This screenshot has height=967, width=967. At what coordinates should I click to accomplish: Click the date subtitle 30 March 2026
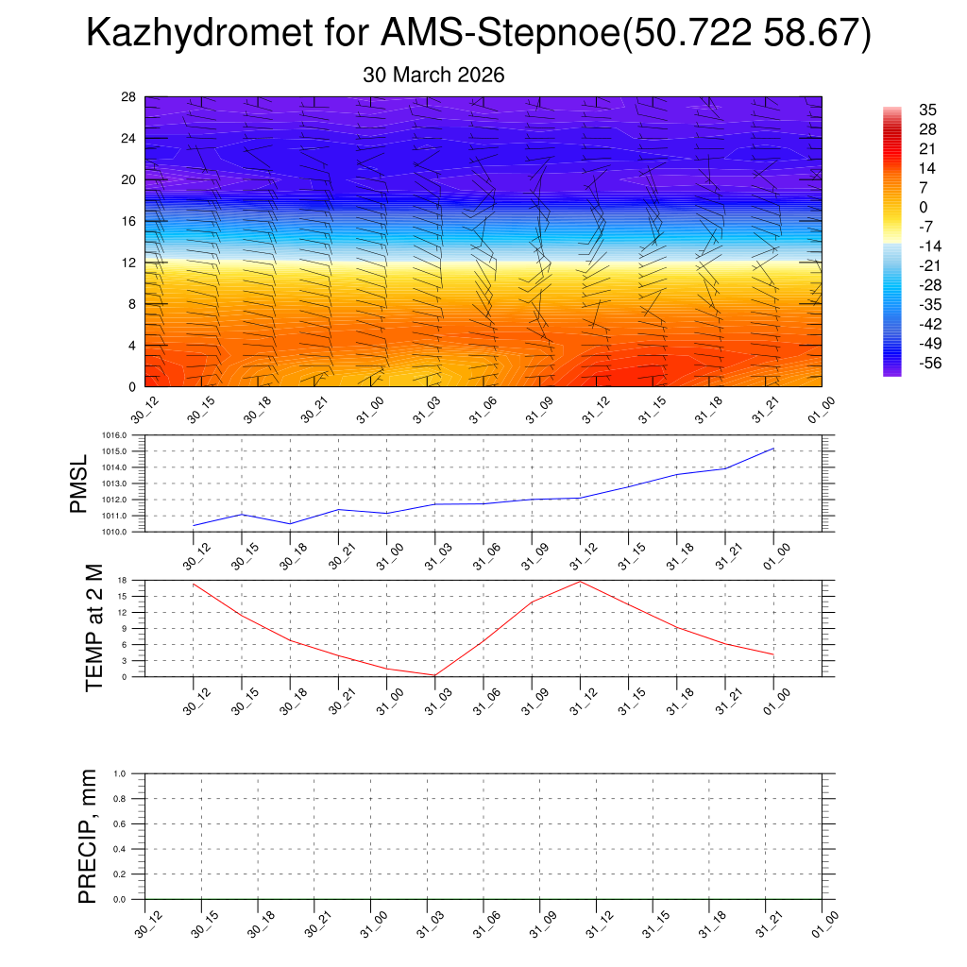433,76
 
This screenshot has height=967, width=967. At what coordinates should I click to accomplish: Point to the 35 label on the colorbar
926,110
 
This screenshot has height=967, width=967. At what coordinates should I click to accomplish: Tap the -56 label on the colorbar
930,362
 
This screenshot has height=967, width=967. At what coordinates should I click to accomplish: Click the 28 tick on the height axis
129,97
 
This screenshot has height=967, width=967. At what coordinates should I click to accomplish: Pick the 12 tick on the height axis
129,263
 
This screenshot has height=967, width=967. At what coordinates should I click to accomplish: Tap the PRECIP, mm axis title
88,836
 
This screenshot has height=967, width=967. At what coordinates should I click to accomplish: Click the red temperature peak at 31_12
580,581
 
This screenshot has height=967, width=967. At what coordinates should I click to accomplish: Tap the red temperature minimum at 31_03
434,675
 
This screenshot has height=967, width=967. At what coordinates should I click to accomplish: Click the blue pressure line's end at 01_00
774,449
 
